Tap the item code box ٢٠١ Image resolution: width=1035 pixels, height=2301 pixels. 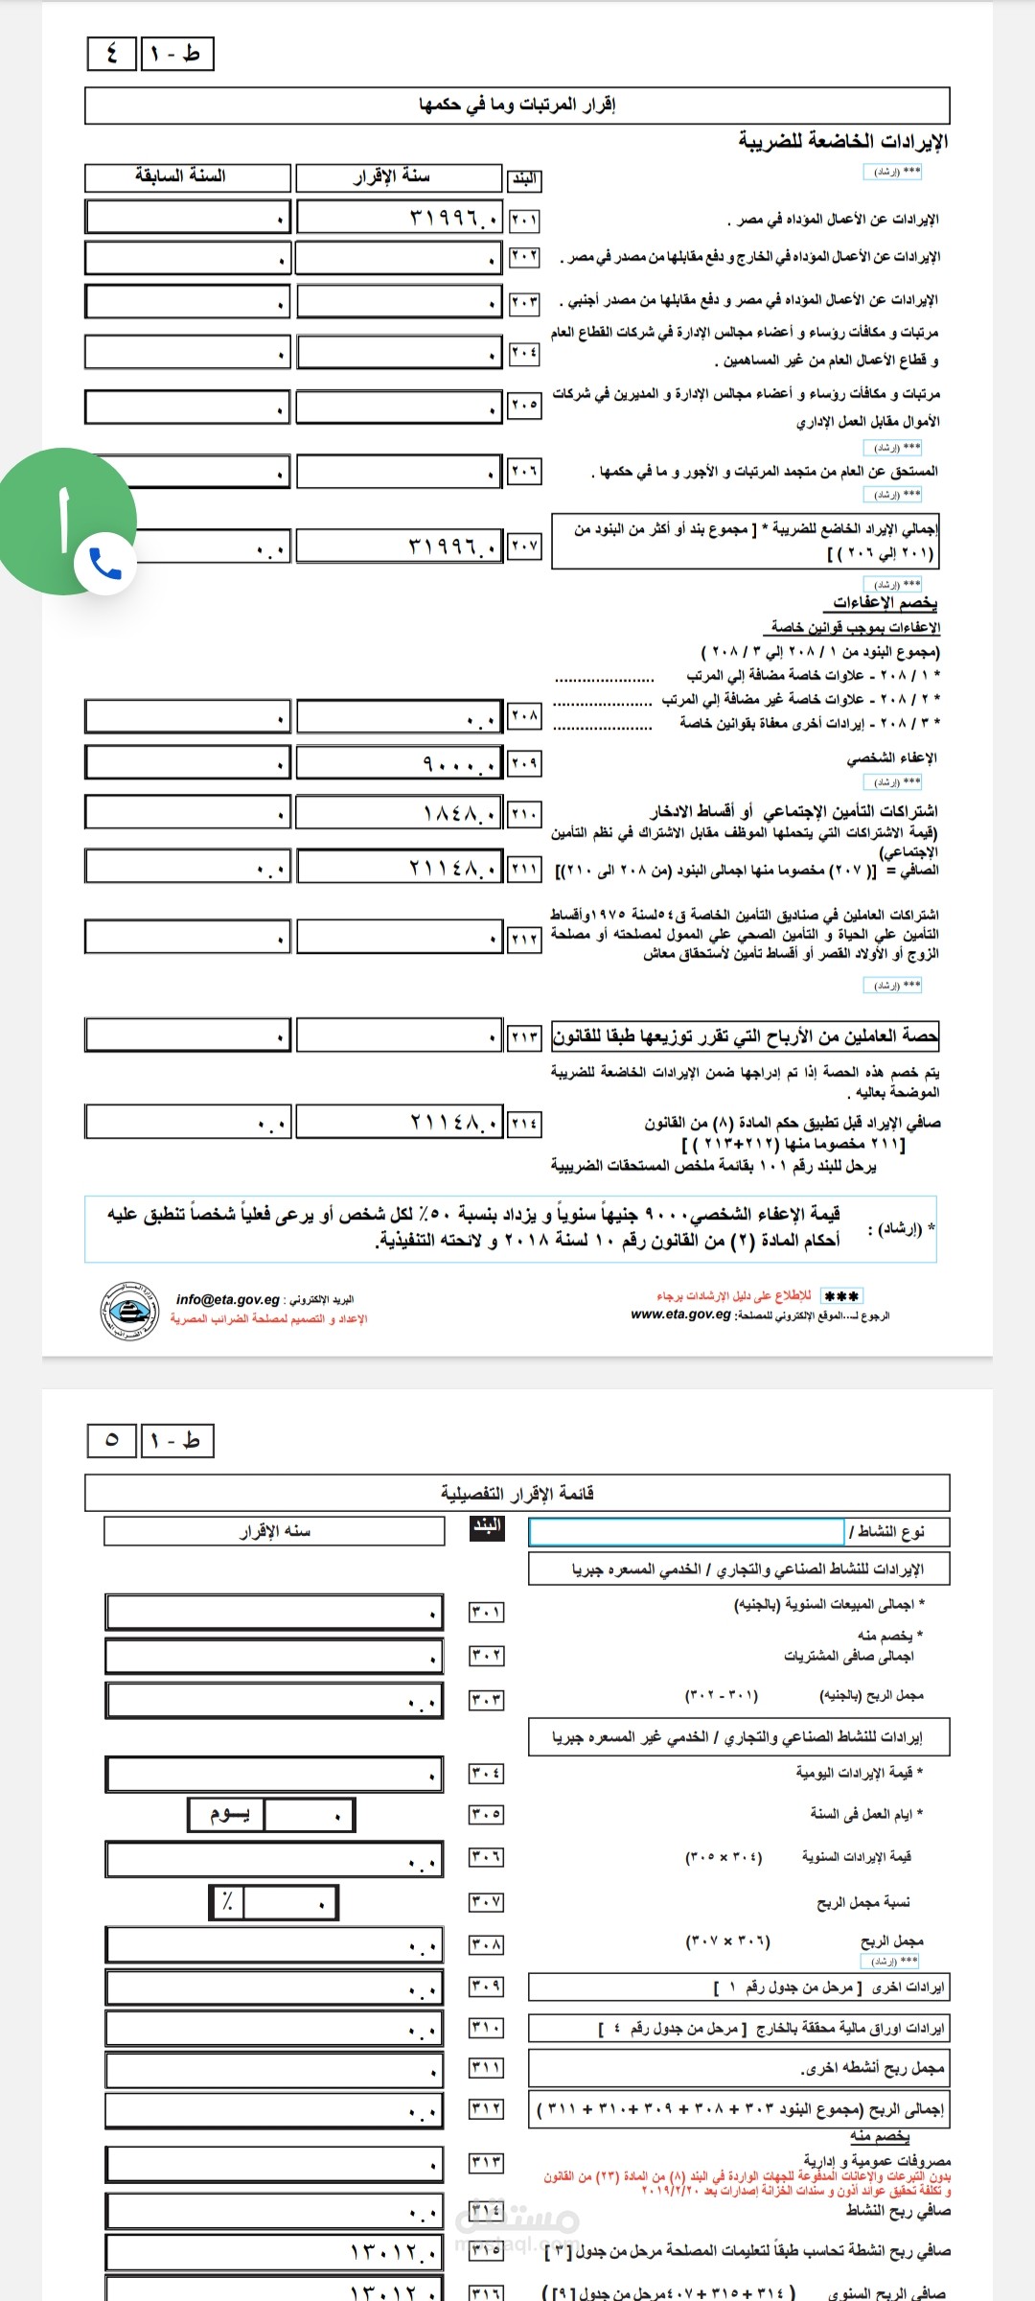point(524,220)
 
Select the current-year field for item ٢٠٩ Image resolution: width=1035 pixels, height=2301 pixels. point(399,763)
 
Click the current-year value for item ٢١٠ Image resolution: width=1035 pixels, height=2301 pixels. point(399,813)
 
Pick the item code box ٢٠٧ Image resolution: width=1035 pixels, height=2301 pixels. point(524,546)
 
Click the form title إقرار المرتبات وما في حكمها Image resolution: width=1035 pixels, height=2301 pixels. point(517,105)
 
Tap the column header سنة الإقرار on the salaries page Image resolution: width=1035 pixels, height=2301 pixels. point(399,177)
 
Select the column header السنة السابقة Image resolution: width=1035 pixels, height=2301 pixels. point(187,177)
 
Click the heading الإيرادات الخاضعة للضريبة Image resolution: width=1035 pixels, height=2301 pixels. point(842,142)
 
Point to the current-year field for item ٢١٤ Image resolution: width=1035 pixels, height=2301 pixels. point(399,1121)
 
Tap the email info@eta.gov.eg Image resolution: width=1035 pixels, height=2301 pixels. point(228,1299)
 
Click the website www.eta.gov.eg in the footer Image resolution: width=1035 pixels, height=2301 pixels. point(680,1314)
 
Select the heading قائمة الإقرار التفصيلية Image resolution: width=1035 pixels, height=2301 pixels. point(517,1493)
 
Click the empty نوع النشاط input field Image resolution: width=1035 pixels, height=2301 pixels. point(686,1531)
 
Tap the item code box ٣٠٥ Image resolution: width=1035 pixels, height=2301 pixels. point(486,1814)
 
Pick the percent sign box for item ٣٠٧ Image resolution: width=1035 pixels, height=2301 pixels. point(227,1902)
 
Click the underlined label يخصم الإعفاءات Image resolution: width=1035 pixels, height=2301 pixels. point(885,602)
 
